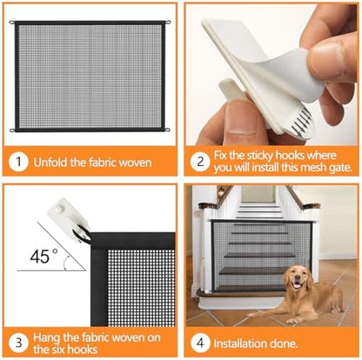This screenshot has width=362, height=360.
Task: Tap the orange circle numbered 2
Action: (199, 162)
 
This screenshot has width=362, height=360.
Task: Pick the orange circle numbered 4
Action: (199, 342)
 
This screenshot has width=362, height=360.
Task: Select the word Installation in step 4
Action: (243, 343)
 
